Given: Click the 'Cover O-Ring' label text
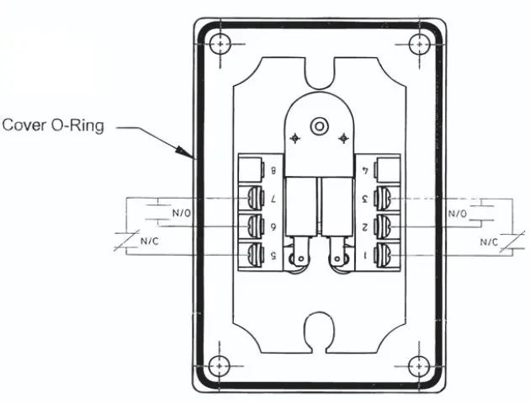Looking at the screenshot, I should click(51, 126).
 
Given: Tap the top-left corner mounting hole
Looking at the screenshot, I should click(220, 43).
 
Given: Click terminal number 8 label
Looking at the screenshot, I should click(273, 171).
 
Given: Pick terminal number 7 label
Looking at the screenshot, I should click(273, 199).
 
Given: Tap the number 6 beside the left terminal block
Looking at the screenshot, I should click(273, 227).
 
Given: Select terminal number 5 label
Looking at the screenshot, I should click(273, 256).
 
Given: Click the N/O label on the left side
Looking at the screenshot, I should click(181, 214).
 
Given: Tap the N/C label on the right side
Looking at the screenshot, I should click(489, 242).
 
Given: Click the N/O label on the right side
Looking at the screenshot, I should click(458, 214).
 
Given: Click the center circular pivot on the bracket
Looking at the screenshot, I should click(318, 126).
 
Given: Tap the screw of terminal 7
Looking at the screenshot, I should click(254, 199).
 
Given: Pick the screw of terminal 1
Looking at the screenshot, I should click(384, 256).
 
